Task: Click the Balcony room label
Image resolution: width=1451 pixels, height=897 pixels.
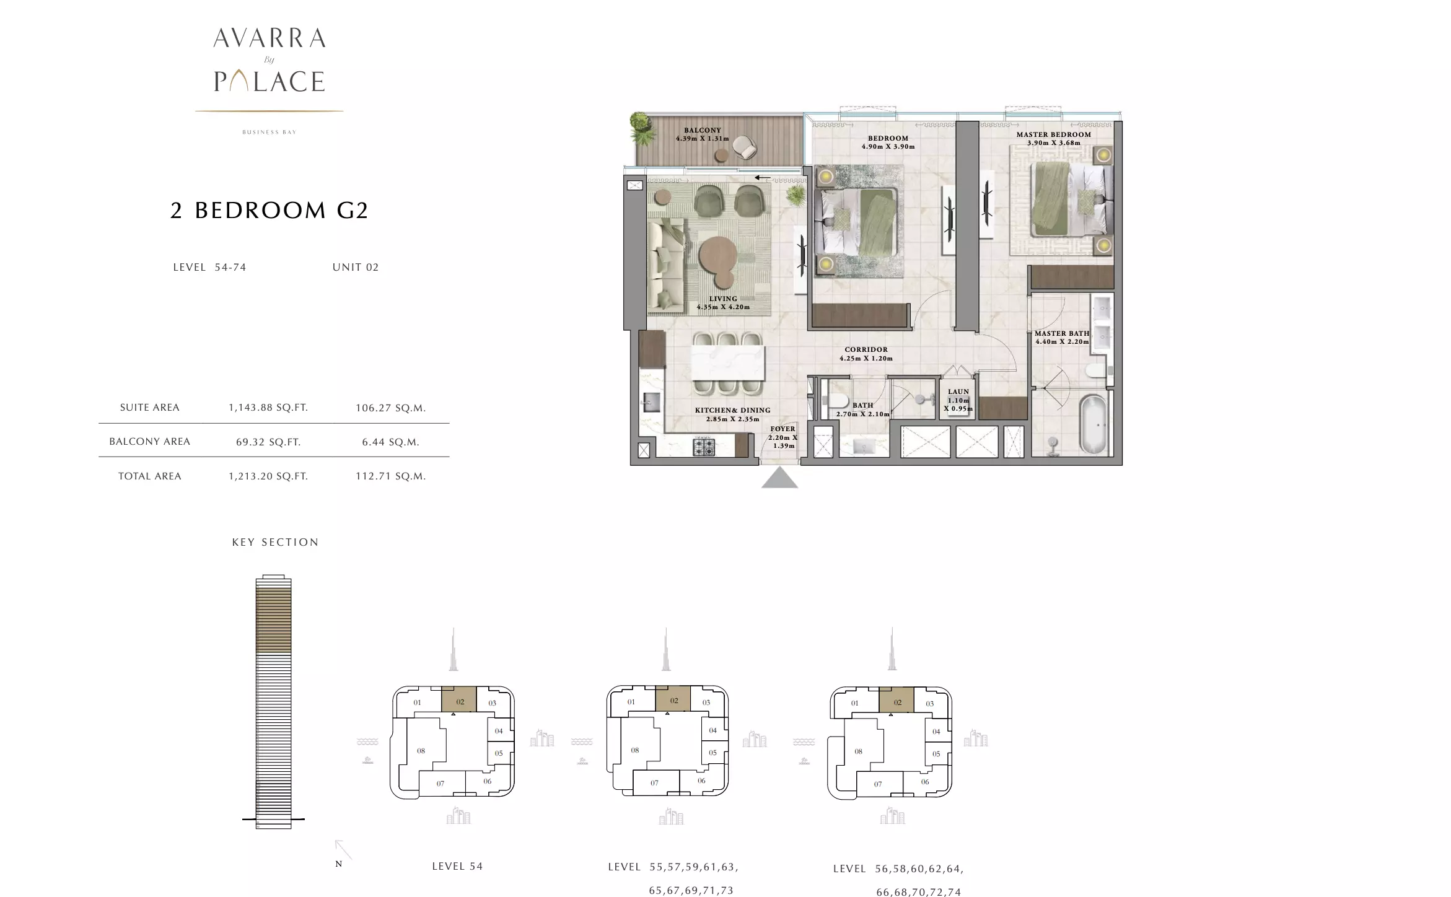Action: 702,131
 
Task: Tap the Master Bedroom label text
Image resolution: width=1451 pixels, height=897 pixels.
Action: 1053,134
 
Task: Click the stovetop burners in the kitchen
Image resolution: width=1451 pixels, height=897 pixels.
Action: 703,447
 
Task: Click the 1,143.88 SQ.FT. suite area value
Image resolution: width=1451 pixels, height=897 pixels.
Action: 268,408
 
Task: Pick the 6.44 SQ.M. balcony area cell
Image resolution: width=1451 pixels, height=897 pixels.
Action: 390,442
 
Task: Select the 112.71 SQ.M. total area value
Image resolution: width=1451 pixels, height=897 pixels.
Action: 390,476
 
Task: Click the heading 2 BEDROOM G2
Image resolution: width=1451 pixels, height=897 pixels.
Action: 270,211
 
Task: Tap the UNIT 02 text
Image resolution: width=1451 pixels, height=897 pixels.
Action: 356,267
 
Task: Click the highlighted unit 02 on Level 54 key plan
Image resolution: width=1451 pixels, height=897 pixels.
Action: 459,699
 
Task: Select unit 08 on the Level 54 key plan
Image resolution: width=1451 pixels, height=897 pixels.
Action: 421,751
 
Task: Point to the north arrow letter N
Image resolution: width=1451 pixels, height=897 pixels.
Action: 338,864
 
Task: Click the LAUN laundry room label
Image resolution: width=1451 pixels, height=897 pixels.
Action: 958,392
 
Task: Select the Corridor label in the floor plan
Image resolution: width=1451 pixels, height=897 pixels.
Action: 866,349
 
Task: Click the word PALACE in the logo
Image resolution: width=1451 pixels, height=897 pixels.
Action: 270,81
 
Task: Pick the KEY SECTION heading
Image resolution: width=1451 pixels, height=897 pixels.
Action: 275,542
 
